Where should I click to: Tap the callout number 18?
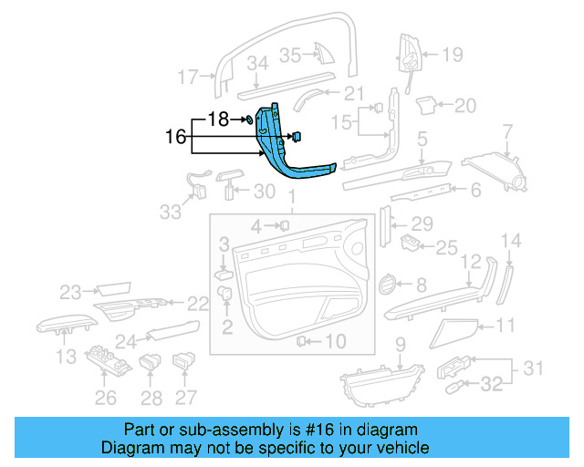tap(219, 119)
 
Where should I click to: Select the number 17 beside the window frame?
tap(187, 78)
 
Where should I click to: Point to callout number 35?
tap(290, 56)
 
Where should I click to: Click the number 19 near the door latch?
tap(454, 55)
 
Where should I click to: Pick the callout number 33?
tap(171, 212)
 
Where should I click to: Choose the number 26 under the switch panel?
tap(107, 397)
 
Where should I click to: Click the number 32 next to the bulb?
tap(492, 385)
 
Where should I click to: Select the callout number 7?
tap(508, 137)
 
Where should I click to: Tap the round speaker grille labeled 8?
tap(389, 285)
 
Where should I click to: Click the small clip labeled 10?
tap(300, 341)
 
